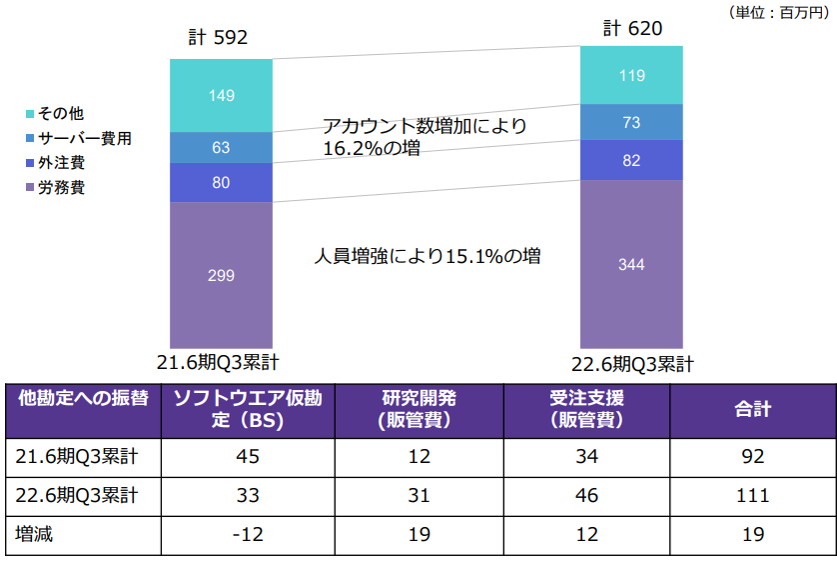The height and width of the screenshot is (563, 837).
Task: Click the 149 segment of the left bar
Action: tap(222, 96)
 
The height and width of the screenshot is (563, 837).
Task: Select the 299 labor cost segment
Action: tap(222, 274)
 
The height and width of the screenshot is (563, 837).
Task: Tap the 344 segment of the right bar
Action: tap(631, 264)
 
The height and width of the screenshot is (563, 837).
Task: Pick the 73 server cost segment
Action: tap(631, 122)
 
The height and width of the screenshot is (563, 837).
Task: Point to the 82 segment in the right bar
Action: tap(631, 160)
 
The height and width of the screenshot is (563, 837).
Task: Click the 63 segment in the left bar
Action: tap(222, 147)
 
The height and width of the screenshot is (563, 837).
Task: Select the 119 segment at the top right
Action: tap(631, 75)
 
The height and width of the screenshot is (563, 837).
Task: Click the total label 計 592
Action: tap(218, 38)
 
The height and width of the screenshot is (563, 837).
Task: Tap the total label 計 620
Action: tap(632, 28)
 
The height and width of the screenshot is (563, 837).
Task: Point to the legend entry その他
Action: tap(61, 114)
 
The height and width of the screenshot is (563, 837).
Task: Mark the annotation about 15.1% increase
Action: tap(427, 256)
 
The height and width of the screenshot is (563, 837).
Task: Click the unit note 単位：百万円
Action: tap(780, 12)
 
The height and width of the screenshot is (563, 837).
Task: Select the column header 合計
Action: tap(752, 409)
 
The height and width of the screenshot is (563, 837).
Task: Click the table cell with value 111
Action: tap(752, 496)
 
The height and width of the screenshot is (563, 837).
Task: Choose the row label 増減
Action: tap(35, 535)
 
